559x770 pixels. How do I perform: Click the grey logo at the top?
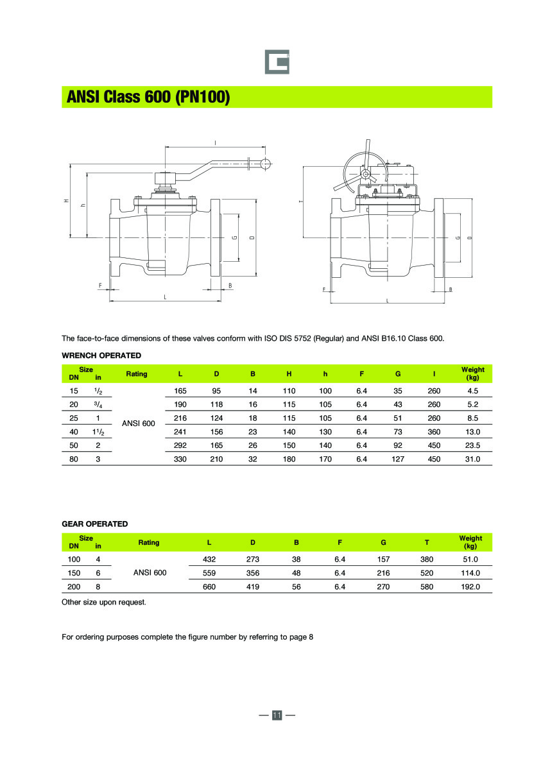[277, 62]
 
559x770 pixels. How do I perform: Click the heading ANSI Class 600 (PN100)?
[148, 98]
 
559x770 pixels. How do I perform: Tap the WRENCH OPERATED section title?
[101, 355]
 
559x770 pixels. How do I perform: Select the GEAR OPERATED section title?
[94, 524]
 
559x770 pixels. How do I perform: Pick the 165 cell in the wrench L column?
[180, 391]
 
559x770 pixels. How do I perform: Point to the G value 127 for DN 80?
[398, 459]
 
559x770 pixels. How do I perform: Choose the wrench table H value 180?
[289, 459]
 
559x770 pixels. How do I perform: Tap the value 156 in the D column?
[217, 432]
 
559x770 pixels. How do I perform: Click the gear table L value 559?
[209, 573]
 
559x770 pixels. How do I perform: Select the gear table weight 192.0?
[470, 586]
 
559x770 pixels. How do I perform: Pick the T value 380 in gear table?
[427, 560]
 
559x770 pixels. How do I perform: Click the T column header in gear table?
[427, 542]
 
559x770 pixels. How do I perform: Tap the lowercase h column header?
[325, 373]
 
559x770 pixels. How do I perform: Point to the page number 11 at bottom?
[277, 715]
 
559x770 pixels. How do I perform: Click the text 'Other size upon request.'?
[104, 602]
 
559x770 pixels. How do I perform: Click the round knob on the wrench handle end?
[264, 164]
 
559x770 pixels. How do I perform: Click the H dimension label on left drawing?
[66, 201]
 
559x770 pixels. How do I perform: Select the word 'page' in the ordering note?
[291, 637]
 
